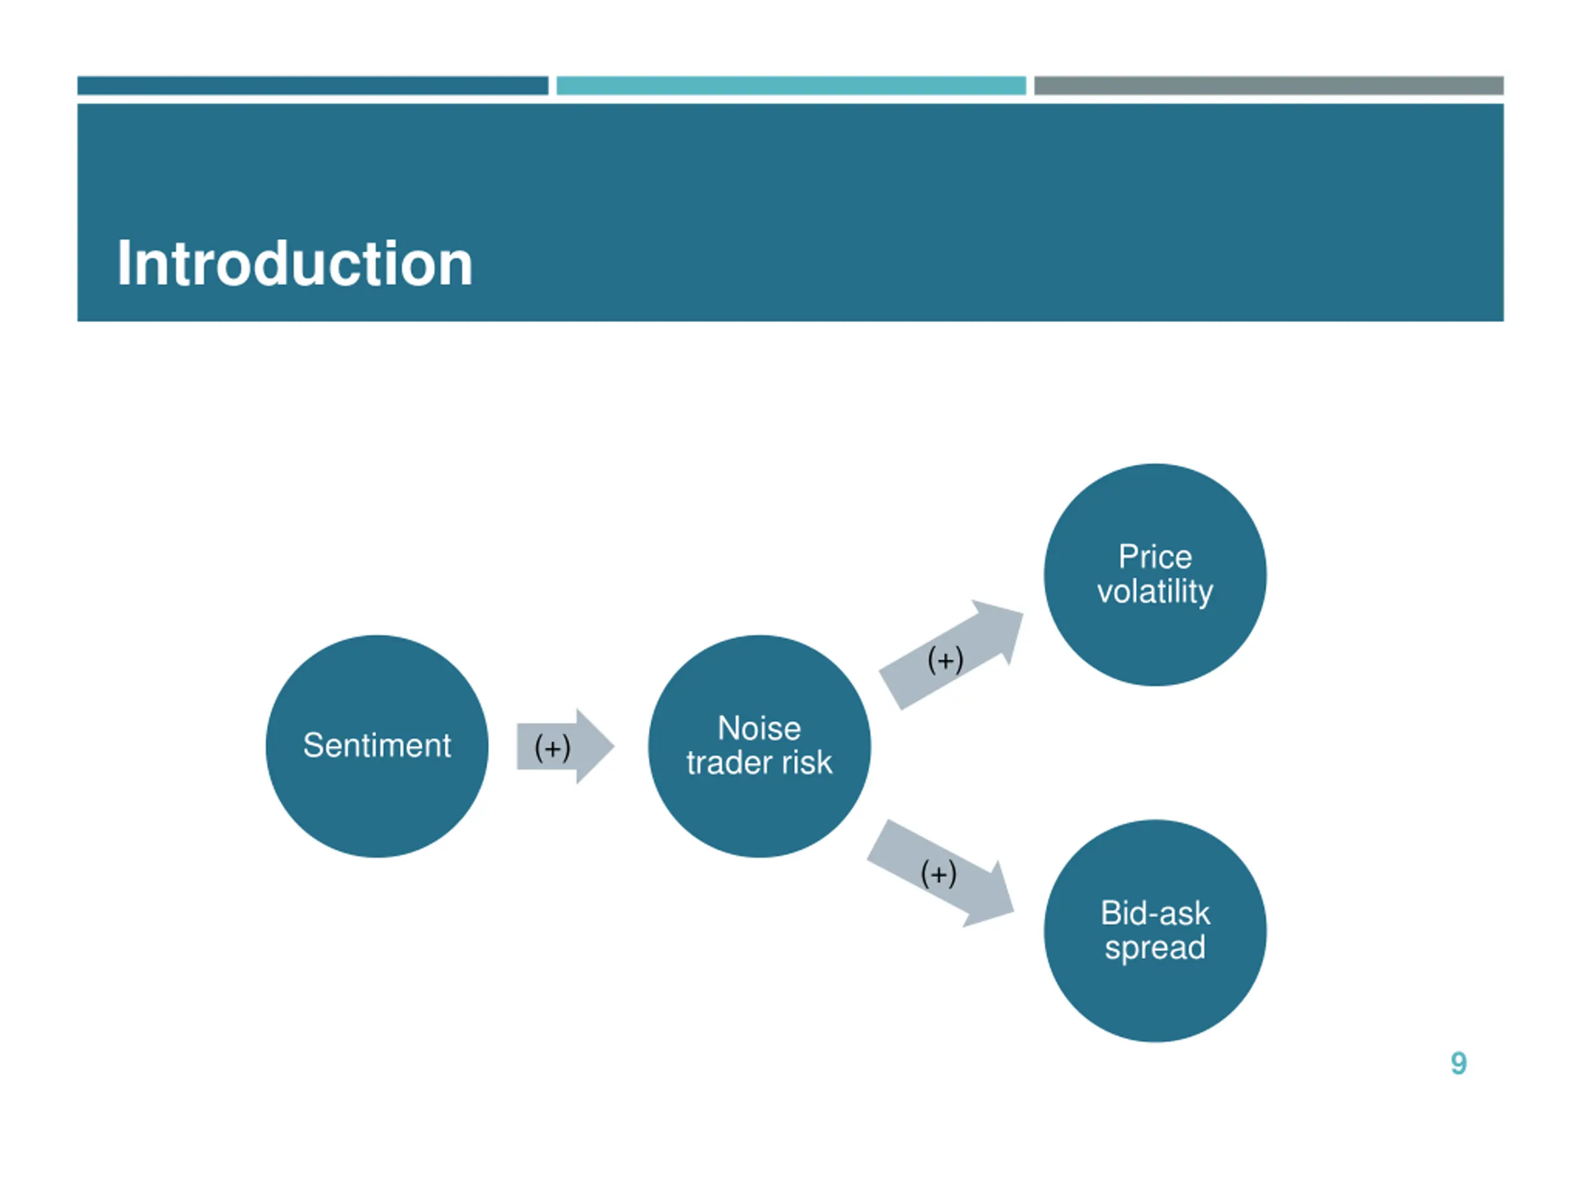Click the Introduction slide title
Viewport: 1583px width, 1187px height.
coord(294,264)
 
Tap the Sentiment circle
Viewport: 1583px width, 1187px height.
coord(377,746)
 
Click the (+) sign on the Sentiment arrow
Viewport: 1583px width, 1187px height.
coord(552,747)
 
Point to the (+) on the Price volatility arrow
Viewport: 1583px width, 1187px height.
coord(945,660)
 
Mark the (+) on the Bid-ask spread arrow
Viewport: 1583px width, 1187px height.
coord(938,874)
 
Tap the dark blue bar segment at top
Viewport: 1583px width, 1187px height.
coord(313,85)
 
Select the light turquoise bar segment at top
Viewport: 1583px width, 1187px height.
coord(791,85)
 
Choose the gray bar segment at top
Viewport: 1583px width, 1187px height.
coord(1269,85)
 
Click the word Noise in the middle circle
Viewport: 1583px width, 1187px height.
coord(759,728)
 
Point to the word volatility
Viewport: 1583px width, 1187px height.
coord(1155,592)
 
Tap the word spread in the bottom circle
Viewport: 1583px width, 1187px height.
coord(1155,947)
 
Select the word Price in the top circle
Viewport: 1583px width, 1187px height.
coord(1155,556)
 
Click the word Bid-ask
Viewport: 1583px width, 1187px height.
coord(1155,913)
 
